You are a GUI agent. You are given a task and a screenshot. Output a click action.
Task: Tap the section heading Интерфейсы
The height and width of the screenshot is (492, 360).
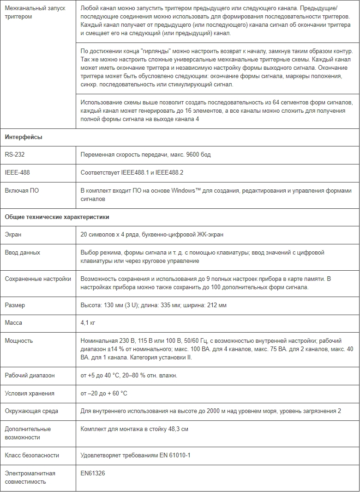24,137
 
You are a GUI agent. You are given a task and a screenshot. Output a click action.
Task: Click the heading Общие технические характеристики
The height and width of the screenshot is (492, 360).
57,216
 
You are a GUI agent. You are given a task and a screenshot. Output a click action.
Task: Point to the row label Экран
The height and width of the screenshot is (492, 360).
13,234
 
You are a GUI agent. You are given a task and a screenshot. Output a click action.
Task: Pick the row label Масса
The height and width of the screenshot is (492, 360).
13,322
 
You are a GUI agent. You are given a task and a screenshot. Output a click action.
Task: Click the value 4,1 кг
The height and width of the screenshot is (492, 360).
88,322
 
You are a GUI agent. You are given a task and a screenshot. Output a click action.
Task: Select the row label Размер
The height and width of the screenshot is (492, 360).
15,305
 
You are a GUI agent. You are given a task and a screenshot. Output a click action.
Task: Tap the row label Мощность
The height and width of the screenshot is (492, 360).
18,340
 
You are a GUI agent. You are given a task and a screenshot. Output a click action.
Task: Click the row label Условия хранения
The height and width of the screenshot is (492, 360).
30,393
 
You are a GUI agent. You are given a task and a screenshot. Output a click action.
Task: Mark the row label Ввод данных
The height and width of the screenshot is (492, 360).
22,252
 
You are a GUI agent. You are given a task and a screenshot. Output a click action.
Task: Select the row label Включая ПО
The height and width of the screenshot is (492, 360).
22,190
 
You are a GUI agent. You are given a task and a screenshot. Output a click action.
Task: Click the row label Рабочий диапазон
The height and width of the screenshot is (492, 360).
30,375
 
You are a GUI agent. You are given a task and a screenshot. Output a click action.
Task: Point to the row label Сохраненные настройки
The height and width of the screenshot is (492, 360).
38,279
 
